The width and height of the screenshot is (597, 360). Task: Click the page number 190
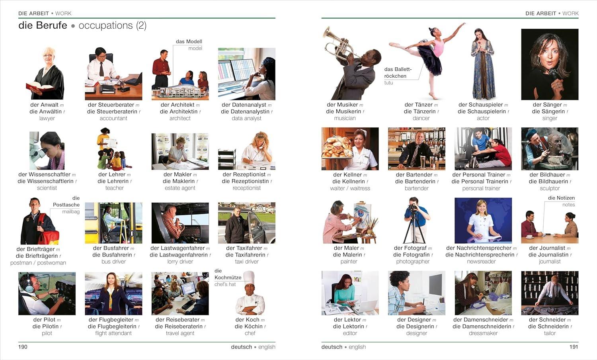[x=23, y=347]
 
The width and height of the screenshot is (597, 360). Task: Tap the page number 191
[x=574, y=347]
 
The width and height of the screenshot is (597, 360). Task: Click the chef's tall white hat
[x=248, y=277]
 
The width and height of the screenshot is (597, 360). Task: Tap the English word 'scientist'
[x=47, y=188]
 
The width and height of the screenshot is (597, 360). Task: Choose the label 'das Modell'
[x=189, y=41]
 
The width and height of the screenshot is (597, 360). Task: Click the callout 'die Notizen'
[x=561, y=198]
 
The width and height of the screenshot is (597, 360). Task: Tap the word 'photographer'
[x=413, y=262]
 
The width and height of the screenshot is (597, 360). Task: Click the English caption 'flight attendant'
[x=113, y=333]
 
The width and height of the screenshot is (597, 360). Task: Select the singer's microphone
[x=553, y=74]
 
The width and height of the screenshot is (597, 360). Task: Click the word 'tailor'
[x=550, y=333]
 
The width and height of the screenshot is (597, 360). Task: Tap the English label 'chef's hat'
[x=225, y=284]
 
